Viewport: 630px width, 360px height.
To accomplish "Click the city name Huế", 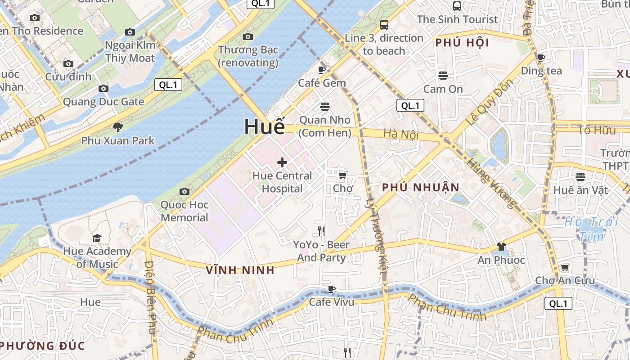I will (265, 127).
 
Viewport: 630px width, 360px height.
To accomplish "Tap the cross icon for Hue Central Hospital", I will (282, 162).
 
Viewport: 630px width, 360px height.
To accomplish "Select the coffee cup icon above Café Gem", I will (322, 70).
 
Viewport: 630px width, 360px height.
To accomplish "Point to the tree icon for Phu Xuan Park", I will (118, 127).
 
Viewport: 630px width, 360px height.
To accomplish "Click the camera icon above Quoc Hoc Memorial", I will (184, 192).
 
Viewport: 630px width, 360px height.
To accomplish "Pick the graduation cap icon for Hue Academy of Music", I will (97, 238).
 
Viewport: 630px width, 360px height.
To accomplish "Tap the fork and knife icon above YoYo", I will (321, 231).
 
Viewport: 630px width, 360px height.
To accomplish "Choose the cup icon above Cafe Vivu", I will (332, 289).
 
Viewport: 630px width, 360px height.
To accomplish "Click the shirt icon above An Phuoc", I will (501, 247).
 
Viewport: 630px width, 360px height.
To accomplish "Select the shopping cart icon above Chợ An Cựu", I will (565, 268).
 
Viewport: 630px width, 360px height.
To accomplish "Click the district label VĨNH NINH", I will (240, 270).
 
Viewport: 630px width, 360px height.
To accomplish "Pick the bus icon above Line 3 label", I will (384, 24).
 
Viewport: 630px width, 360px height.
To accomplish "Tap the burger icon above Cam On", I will (443, 75).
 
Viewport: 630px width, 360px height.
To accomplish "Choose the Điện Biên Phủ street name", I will (150, 297).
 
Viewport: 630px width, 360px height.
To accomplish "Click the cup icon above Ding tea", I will (541, 58).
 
